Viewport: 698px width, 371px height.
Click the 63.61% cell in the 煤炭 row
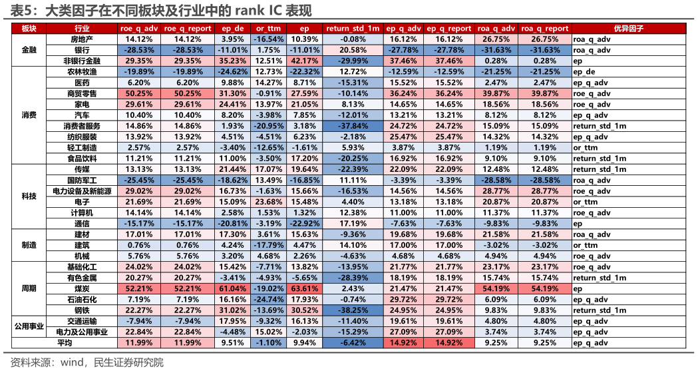tap(305, 288)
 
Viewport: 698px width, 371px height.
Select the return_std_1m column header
tap(353, 29)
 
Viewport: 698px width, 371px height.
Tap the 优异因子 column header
tap(629, 29)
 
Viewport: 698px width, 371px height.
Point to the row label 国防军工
tap(82, 181)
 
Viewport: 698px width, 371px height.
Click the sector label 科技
tap(29, 196)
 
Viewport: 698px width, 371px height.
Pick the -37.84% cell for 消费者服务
tap(353, 126)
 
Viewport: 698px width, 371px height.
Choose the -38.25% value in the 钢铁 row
tap(353, 310)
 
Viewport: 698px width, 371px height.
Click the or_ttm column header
tap(268, 29)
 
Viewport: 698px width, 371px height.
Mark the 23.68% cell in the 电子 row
tap(268, 202)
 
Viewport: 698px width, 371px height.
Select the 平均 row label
tap(64, 343)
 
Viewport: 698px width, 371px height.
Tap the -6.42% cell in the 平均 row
tap(353, 343)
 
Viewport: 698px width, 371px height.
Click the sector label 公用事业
tap(29, 326)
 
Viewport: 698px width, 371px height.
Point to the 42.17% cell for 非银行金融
tap(305, 61)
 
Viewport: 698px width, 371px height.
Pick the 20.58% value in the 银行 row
tap(353, 51)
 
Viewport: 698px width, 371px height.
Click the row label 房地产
tap(82, 39)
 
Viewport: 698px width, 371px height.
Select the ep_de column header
tap(233, 29)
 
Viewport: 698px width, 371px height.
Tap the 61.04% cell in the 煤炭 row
tap(233, 288)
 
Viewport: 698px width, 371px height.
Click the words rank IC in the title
tap(258, 10)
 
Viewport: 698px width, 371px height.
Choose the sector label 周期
tap(29, 288)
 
